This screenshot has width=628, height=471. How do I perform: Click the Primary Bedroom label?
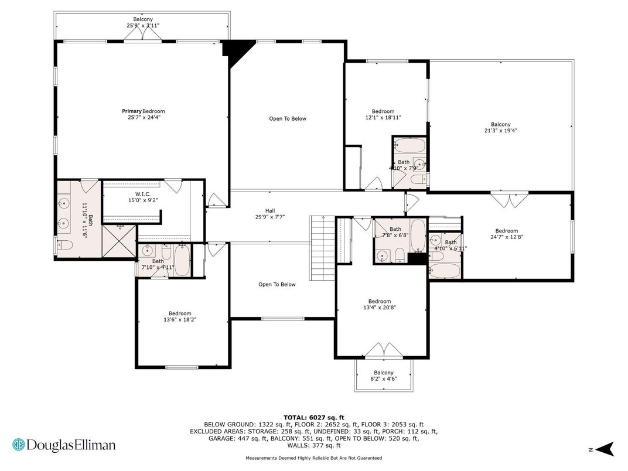pyautogui.click(x=144, y=114)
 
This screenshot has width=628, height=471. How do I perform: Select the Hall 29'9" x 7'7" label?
pyautogui.click(x=270, y=213)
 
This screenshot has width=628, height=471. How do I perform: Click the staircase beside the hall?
pyautogui.click(x=322, y=248)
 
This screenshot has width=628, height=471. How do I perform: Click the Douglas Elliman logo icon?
pyautogui.click(x=18, y=445)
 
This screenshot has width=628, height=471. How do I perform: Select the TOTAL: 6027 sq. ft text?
pyautogui.click(x=314, y=417)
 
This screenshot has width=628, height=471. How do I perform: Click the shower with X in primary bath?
pyautogui.click(x=119, y=241)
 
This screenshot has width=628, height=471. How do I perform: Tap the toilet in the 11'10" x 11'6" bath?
pyautogui.click(x=64, y=244)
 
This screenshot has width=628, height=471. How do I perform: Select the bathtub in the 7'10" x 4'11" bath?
pyautogui.click(x=182, y=260)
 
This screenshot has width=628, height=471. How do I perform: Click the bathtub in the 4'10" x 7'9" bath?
pyautogui.click(x=409, y=145)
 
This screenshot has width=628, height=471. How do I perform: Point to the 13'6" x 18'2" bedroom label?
pyautogui.click(x=180, y=316)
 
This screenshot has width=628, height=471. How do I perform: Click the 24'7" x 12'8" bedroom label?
pyautogui.click(x=507, y=234)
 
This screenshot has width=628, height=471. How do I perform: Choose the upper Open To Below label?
pyautogui.click(x=288, y=118)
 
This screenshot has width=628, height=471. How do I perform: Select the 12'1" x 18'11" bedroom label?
pyautogui.click(x=383, y=114)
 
